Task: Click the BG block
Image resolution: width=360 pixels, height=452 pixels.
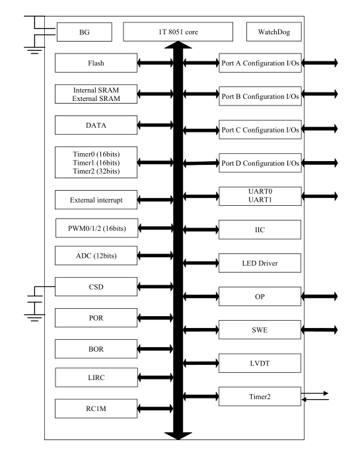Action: [85, 32]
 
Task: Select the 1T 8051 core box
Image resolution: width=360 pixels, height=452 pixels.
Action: [178, 32]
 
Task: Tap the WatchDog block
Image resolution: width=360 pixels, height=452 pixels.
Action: [273, 32]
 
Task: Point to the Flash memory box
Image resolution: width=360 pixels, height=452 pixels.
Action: [96, 63]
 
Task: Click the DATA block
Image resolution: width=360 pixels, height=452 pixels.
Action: [96, 125]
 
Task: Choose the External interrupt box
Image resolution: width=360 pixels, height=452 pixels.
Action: [96, 200]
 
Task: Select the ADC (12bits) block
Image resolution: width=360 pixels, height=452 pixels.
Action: [96, 255]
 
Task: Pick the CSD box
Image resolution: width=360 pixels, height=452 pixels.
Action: [96, 287]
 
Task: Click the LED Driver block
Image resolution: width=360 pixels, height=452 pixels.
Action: [260, 263]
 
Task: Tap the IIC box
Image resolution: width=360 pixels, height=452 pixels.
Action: [260, 230]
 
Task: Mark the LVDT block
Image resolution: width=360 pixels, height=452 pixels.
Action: [260, 363]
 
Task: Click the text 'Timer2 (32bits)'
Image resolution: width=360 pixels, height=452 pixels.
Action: [96, 171]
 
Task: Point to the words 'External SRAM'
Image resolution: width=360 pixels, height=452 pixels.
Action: [96, 98]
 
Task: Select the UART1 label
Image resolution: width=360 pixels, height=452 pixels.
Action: [260, 200]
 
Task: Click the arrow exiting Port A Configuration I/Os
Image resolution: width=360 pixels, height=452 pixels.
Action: [320, 63]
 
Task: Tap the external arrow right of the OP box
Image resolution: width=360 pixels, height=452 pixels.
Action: [319, 296]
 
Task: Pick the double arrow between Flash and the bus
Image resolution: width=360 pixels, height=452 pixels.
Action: [155, 63]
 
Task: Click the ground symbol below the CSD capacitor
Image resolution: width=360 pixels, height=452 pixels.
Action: [34, 317]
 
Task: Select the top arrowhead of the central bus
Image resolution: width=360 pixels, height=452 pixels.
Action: [178, 45]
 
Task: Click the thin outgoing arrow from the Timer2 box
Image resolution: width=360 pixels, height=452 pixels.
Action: [314, 393]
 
